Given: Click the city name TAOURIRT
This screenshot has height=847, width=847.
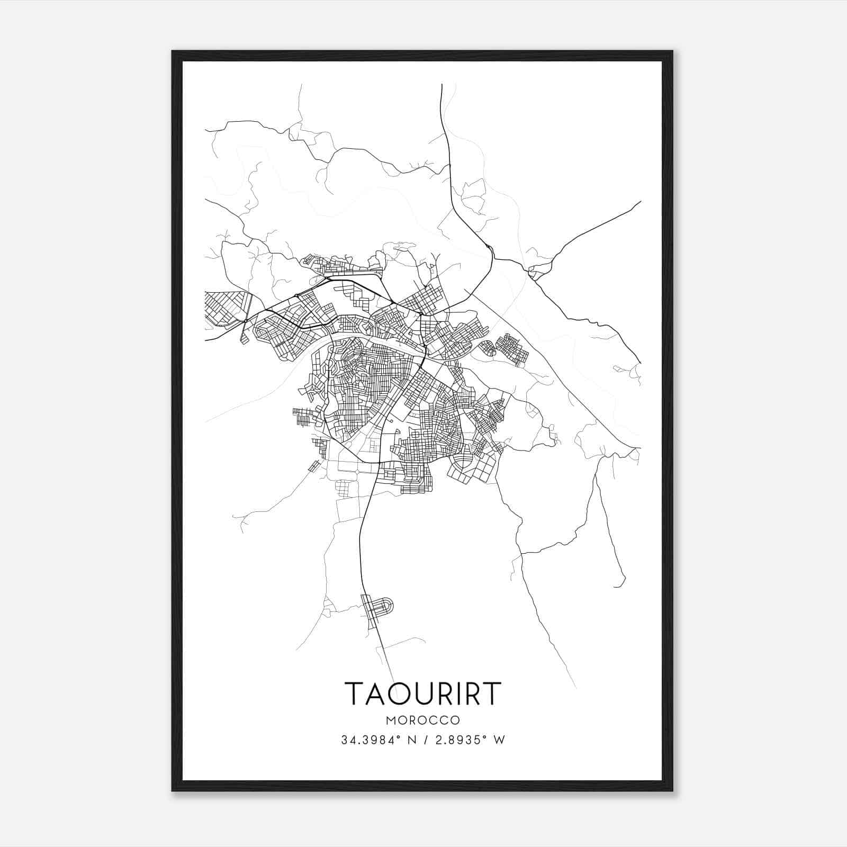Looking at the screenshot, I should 422,693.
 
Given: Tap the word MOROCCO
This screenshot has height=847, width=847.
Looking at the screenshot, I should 422,720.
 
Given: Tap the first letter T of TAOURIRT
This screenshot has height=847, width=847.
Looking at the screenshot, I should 356,693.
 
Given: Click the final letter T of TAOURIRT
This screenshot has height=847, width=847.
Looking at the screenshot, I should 490,693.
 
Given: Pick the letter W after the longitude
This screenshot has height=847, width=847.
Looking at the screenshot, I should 499,740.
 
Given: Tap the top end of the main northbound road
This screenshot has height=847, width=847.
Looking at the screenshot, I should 441,85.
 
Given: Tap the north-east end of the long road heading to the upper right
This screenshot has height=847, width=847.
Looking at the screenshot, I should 641,201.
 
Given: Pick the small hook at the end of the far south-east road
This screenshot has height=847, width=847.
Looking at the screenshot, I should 617,586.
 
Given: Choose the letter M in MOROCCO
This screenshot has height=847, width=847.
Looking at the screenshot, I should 391,720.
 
